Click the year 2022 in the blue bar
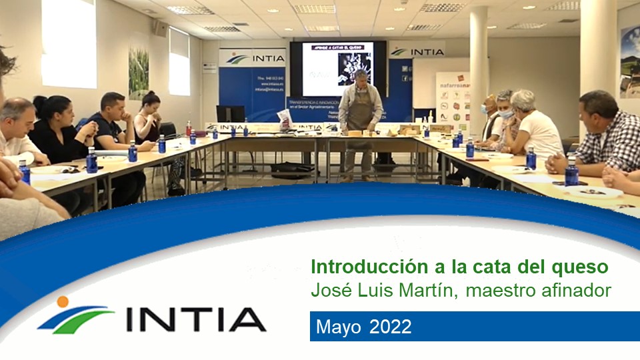390,327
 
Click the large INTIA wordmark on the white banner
196,320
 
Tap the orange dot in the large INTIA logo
63,302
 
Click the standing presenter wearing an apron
361,120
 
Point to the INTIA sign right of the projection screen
417,52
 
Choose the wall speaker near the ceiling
159,28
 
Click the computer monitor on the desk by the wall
231,114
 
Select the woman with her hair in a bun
148,117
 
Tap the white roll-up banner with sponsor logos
453,100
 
